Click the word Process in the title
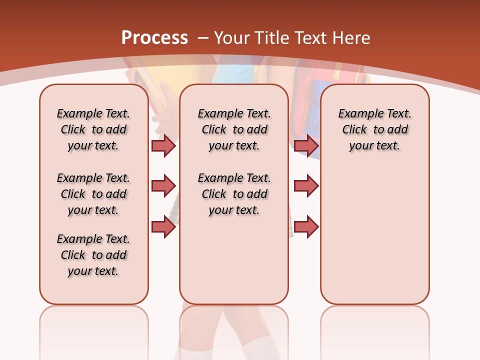coord(154,37)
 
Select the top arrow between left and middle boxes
coord(163,145)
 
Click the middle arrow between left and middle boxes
coord(163,186)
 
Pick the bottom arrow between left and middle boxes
coord(163,226)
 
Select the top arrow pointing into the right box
coord(306,145)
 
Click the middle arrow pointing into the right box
coord(306,186)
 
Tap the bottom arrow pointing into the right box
coord(306,226)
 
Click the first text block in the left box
coord(93,129)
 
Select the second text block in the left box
coord(93,194)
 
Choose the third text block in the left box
coord(93,255)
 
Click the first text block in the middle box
coord(234,129)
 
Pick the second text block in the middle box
coord(234,194)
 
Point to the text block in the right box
coord(374,129)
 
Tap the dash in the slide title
coord(203,37)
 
